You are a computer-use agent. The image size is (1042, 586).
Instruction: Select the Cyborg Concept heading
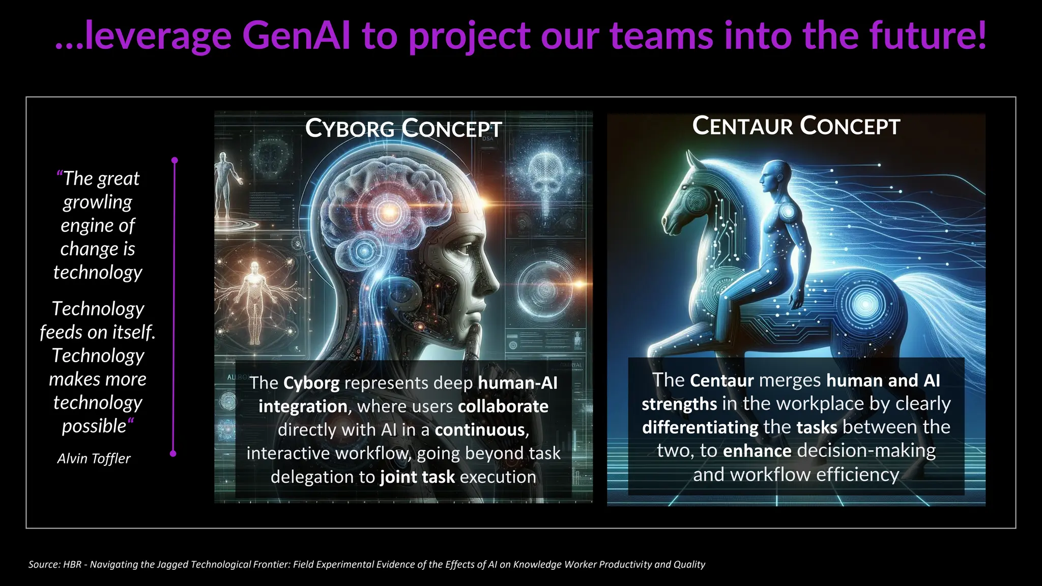tap(403, 128)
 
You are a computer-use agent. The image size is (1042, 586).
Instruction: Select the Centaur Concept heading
tap(796, 126)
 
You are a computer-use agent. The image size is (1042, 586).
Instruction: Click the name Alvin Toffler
tap(94, 459)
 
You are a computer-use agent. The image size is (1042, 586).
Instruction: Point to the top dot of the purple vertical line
tap(175, 160)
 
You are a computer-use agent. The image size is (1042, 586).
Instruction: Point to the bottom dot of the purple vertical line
tap(173, 453)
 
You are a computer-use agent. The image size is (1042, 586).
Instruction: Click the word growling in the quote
tap(98, 202)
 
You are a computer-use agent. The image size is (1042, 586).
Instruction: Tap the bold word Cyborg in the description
tap(311, 383)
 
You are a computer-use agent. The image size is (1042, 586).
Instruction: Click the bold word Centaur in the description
tap(721, 380)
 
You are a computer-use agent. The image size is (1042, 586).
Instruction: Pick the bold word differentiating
tap(700, 427)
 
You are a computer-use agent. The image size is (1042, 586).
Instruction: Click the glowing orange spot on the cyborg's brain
tap(389, 211)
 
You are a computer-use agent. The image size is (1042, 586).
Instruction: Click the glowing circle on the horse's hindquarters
tap(864, 304)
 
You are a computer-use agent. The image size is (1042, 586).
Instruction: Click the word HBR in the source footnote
tap(72, 564)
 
